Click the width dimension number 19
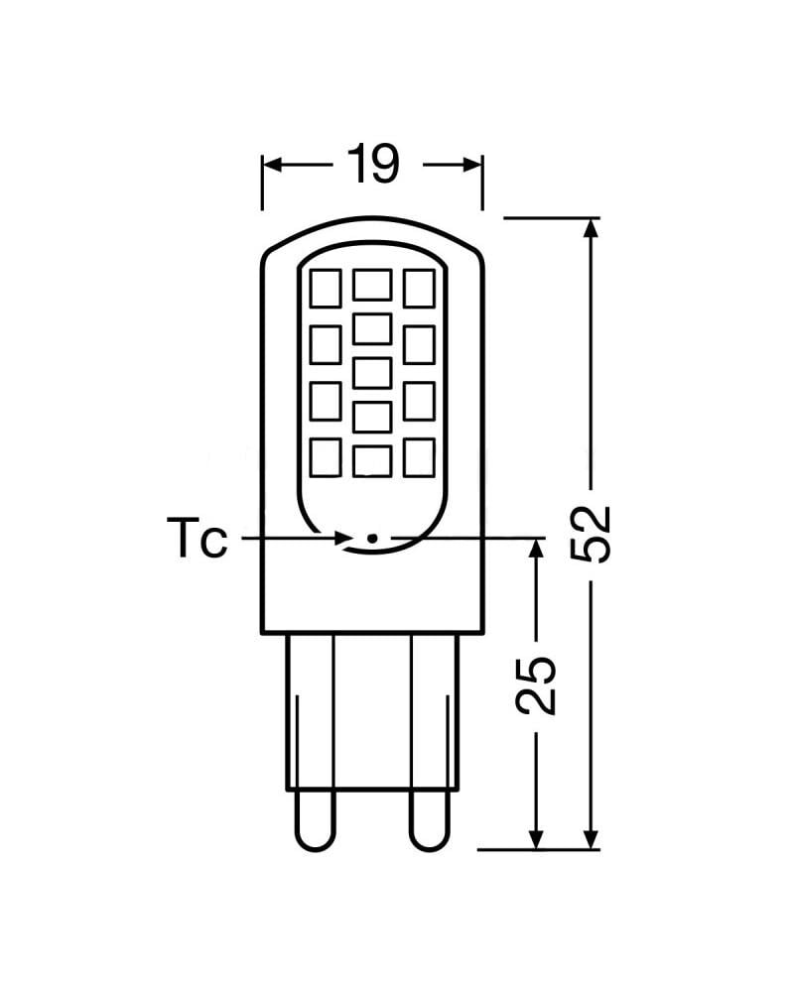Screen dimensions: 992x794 372,164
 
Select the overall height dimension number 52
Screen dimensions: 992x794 593,534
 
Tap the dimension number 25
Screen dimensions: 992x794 537,684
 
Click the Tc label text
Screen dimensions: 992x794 196,541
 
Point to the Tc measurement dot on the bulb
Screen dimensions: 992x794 372,538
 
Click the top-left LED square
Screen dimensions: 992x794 326,289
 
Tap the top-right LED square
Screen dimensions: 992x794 419,289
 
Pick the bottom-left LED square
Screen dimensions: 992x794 326,457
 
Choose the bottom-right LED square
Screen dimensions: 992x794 419,457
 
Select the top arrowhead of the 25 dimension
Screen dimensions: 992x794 536,549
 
